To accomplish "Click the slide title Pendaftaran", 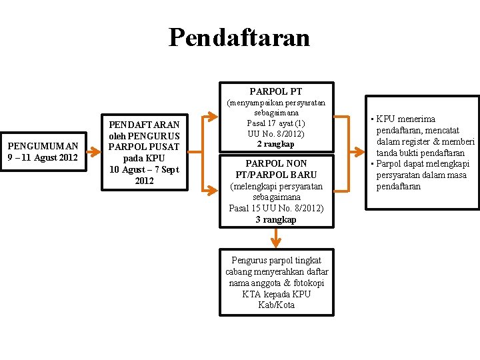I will coord(239,37).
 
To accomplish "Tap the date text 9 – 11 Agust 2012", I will coord(43,157).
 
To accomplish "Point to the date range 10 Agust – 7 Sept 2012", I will coord(144,175).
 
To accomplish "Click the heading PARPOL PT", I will coord(276,91).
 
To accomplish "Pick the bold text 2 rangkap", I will coord(276,144).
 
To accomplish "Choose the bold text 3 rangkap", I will coord(276,219).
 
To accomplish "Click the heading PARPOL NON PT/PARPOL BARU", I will coord(276,169).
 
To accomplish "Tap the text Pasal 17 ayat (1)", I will coord(276,123).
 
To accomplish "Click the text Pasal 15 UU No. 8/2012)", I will coord(276,208).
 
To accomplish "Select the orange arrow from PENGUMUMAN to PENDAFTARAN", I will coord(95,152).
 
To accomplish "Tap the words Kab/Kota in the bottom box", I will coord(276,305).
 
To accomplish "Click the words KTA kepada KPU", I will coord(276,294).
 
